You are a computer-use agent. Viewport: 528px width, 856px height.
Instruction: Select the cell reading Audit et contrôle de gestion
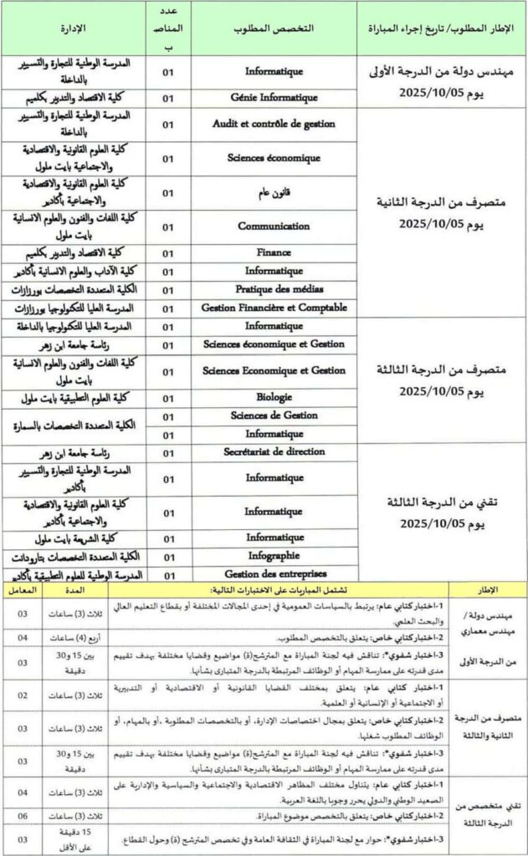pos(274,124)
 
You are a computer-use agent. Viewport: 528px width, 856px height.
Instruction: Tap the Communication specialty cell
pos(274,226)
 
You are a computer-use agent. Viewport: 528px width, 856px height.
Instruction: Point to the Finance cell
pos(274,252)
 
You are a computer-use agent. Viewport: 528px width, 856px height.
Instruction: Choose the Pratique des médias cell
pos(274,289)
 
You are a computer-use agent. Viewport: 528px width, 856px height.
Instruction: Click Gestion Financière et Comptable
pos(274,308)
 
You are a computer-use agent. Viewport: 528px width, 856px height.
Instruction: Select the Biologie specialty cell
pos(274,396)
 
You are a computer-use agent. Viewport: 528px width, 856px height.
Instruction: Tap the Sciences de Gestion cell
pos(274,415)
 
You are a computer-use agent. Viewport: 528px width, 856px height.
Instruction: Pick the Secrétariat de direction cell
pos(274,453)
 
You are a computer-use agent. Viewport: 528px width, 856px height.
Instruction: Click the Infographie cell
pos(274,555)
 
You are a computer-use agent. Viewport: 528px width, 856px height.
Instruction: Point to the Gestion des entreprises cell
pos(274,573)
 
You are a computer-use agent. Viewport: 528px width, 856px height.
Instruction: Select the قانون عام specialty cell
pos(274,193)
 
